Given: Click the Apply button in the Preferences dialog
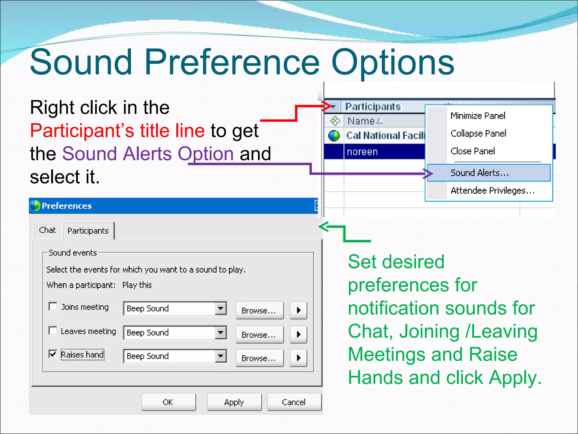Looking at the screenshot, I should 234,402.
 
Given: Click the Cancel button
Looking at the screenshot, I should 294,402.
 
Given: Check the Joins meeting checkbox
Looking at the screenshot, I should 53,307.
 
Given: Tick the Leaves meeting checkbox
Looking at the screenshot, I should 53,331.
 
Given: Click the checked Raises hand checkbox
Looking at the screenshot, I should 53,354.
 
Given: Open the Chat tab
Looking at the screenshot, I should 47,230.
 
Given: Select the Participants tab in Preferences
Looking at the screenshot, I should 88,231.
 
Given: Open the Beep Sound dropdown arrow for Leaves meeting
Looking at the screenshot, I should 221,333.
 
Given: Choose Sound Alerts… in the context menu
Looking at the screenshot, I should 480,173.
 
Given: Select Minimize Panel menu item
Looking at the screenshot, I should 478,116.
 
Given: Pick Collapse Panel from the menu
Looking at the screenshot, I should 478,133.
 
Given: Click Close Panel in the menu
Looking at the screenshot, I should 473,151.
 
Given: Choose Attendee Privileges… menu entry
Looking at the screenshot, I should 492,191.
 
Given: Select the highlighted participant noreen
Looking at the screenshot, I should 362,152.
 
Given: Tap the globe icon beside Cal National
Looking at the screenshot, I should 334,136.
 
